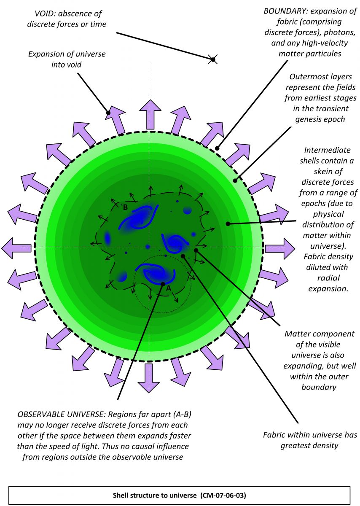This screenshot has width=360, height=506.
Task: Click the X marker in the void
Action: pos(213,60)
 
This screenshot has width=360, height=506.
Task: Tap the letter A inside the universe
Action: pos(168,288)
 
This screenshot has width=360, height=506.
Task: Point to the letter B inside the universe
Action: pos(125,207)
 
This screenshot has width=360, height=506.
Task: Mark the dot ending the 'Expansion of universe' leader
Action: pos(109,113)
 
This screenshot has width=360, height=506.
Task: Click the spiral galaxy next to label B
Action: pos(139,217)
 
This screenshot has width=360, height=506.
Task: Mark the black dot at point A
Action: pos(163,284)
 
